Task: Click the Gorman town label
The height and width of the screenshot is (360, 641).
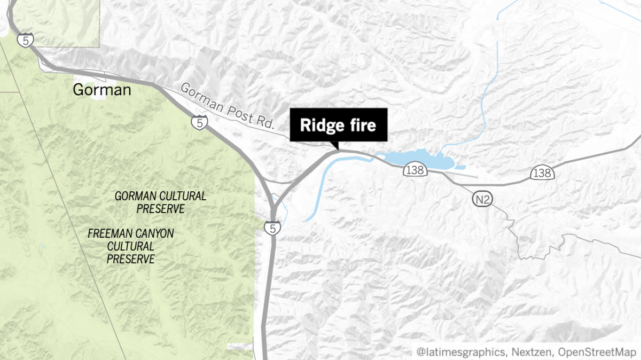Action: pyautogui.click(x=101, y=90)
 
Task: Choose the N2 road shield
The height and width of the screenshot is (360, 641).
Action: pyautogui.click(x=482, y=200)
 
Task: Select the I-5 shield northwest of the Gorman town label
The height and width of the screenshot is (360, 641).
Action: pyautogui.click(x=24, y=39)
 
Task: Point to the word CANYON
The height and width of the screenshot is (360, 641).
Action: pyautogui.click(x=155, y=233)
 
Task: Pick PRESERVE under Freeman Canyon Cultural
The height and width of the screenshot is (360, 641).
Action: pyautogui.click(x=131, y=259)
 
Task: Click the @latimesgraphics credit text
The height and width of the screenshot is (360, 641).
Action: pyautogui.click(x=462, y=351)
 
